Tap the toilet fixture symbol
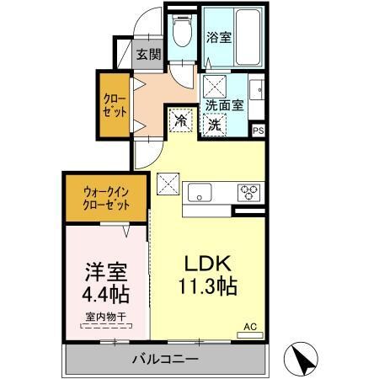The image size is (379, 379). (x=181, y=33)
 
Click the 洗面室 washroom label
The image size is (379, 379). (x=225, y=105)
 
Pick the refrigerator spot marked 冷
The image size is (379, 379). (x=179, y=121)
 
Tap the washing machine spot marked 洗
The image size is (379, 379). (x=215, y=123)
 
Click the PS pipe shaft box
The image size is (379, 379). (x=259, y=131)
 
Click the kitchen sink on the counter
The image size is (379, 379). (x=200, y=189)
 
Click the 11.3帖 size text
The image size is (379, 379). (x=206, y=286)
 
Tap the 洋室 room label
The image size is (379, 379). (x=105, y=273)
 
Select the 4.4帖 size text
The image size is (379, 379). (x=105, y=296)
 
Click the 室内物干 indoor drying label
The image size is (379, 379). (x=104, y=318)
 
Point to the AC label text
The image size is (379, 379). (x=250, y=325)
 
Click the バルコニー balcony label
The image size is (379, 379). (x=164, y=360)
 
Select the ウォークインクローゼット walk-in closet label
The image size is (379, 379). (x=106, y=197)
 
